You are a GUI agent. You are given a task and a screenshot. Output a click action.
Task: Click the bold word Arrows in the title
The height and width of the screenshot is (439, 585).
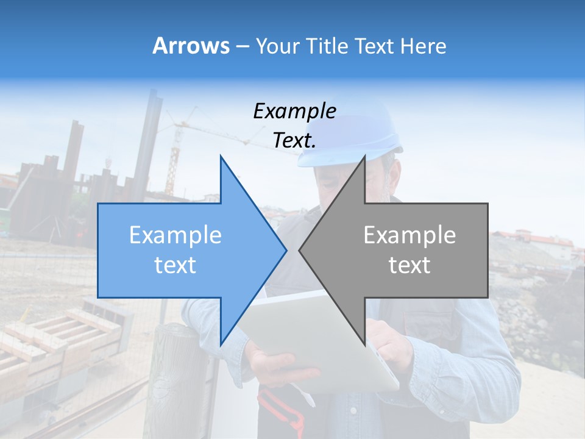tap(191, 46)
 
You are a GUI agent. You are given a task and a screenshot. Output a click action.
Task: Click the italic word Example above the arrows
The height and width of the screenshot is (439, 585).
tap(294, 111)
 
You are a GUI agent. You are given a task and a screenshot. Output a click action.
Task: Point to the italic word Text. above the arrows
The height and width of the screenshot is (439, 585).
tap(294, 141)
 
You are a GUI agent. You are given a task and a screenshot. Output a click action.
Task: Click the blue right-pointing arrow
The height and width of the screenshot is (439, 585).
tap(183, 250)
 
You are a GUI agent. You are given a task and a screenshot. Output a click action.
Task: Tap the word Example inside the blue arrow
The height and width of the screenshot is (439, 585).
tap(175, 235)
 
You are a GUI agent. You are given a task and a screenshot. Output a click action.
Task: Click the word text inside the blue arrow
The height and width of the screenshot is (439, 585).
tap(175, 265)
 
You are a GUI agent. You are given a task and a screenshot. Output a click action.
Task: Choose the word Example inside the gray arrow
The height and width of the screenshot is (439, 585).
tap(409, 235)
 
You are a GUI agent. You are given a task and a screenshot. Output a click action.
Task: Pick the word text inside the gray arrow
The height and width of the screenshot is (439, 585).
tap(409, 265)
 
